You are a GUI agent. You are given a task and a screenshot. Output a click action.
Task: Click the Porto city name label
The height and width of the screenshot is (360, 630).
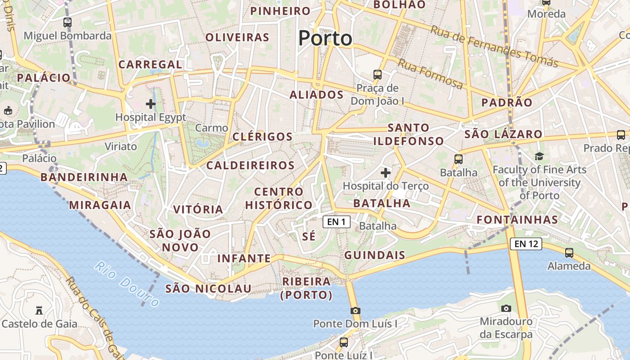click(x=325, y=38)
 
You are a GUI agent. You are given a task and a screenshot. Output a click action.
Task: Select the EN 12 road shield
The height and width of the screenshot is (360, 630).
click(x=526, y=244)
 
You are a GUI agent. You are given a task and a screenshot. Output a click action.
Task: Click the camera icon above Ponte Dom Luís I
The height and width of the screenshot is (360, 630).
click(x=355, y=310)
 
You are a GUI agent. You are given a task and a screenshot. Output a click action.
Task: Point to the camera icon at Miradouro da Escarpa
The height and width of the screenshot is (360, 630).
click(x=506, y=308)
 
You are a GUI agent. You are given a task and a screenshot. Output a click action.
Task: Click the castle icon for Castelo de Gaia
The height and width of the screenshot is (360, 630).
click(x=39, y=310)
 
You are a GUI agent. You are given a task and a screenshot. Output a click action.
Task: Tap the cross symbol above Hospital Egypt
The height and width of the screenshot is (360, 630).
click(x=151, y=104)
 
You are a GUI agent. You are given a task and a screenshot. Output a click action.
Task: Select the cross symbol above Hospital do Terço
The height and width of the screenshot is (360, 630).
click(x=386, y=172)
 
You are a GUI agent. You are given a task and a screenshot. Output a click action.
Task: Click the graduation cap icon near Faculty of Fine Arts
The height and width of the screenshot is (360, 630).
click(x=539, y=156)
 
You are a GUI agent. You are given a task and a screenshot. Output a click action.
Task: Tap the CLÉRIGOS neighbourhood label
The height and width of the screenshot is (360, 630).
click(x=262, y=136)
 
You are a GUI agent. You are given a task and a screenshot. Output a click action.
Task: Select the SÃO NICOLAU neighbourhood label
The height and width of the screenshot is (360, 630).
click(x=208, y=288)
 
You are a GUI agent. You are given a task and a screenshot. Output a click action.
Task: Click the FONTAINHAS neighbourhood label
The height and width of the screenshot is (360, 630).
click(x=517, y=220)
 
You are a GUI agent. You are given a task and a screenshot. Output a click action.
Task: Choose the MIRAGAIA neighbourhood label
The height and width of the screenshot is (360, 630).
click(x=100, y=205)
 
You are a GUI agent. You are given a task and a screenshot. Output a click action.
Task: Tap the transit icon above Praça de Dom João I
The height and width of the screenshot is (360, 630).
click(x=377, y=74)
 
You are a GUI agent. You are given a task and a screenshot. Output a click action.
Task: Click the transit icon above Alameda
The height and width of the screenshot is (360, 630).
click(x=569, y=252)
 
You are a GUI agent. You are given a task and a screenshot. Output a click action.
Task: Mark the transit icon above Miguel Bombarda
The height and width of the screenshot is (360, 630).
click(x=67, y=22)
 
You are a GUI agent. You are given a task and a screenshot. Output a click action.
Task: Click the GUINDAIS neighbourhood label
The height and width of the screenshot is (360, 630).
click(x=375, y=255)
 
